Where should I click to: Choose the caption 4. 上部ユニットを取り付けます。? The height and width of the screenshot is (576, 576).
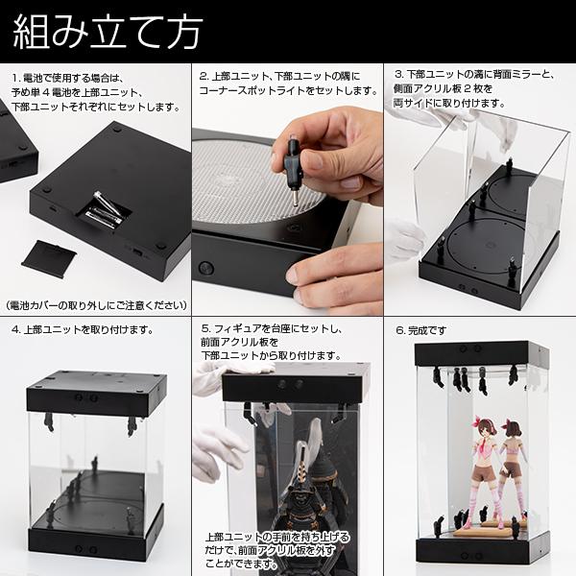tap(82, 329)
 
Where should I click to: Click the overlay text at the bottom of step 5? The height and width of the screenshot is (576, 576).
tap(278, 550)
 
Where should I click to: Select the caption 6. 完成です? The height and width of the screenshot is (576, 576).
tap(422, 329)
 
